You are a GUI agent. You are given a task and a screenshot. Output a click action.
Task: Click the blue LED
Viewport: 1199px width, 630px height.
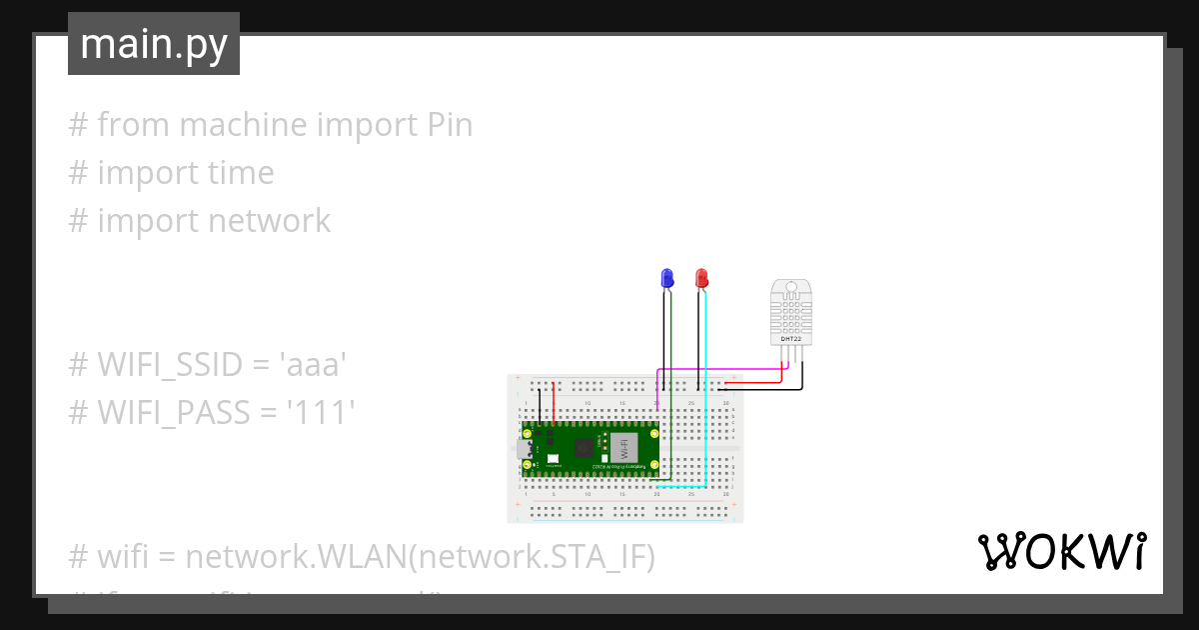(667, 277)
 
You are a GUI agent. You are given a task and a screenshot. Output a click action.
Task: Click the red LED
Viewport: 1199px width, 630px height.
(701, 277)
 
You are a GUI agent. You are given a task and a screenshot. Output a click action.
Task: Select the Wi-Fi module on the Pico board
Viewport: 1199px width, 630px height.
(624, 447)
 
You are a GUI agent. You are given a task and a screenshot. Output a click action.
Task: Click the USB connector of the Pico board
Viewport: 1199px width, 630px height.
(525, 447)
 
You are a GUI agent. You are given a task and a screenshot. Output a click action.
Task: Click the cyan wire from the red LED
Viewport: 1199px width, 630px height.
(706, 400)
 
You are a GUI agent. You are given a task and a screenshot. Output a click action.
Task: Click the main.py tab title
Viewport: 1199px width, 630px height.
(154, 44)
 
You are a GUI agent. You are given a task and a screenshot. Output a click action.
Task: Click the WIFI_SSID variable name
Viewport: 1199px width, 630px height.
(172, 366)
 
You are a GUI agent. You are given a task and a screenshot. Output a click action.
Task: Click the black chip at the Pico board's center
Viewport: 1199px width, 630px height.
(583, 447)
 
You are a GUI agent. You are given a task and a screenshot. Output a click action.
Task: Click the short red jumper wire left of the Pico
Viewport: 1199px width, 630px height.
(554, 400)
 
